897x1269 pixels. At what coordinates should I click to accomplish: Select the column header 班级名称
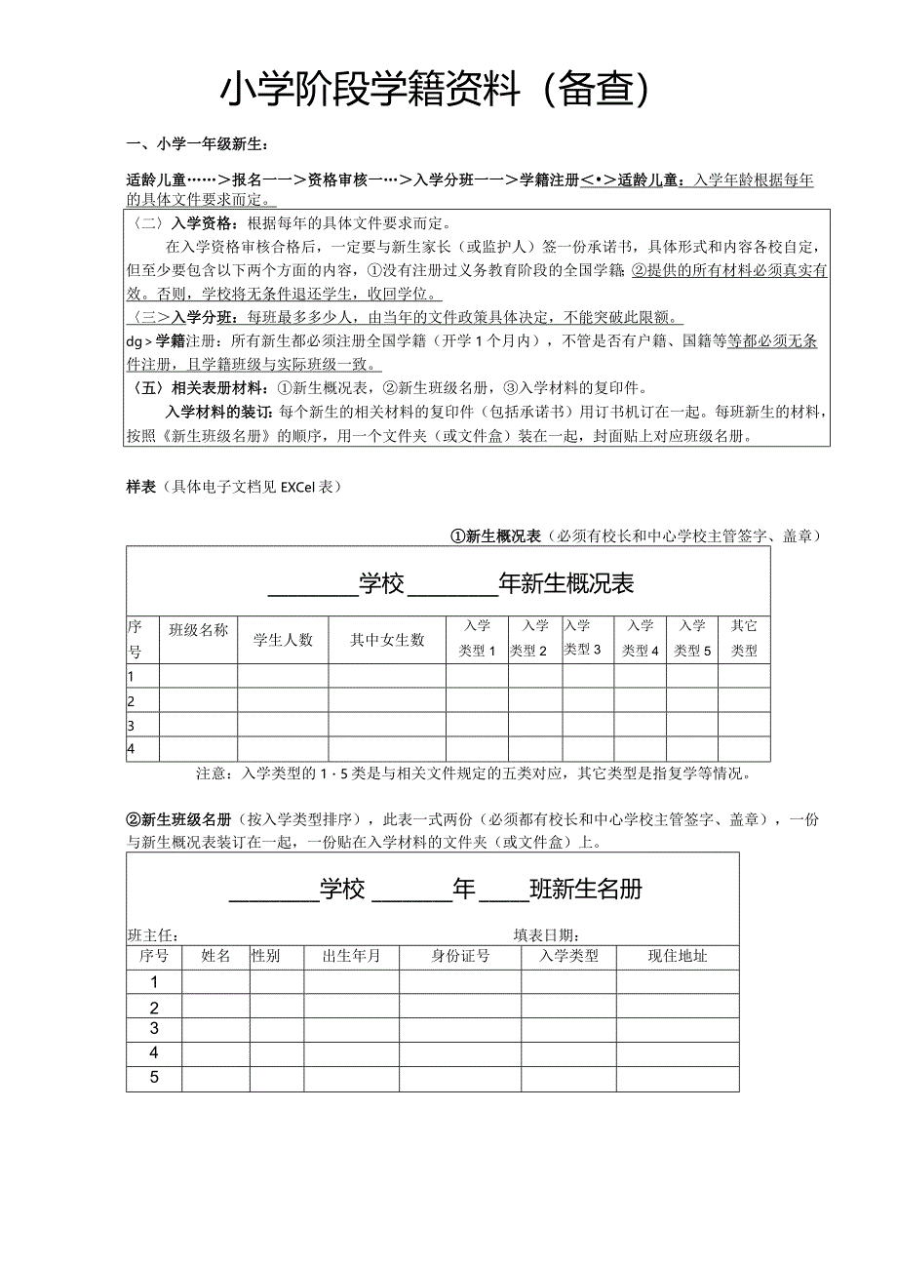tap(198, 630)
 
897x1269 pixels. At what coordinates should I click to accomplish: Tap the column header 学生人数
tap(283, 640)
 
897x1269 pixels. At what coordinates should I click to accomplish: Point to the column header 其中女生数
tap(387, 640)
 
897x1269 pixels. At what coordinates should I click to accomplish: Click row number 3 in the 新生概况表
tap(131, 725)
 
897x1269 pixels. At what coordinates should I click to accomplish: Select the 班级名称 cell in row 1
tap(198, 676)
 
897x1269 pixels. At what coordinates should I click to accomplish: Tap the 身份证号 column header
tap(460, 957)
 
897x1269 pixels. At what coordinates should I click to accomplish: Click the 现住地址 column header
tap(678, 957)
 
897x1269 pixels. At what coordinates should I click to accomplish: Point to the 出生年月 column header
tap(351, 957)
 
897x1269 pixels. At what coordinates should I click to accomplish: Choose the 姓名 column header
tap(215, 957)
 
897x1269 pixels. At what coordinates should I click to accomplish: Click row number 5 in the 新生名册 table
tap(154, 1078)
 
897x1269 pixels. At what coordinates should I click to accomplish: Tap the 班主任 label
tap(152, 934)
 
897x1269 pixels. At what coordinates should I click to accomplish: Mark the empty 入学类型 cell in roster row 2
tap(568, 1008)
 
